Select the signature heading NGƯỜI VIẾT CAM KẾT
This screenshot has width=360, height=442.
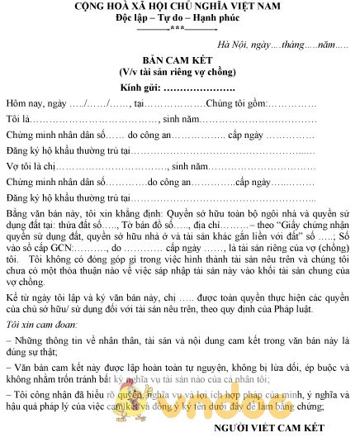pos(272,429)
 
